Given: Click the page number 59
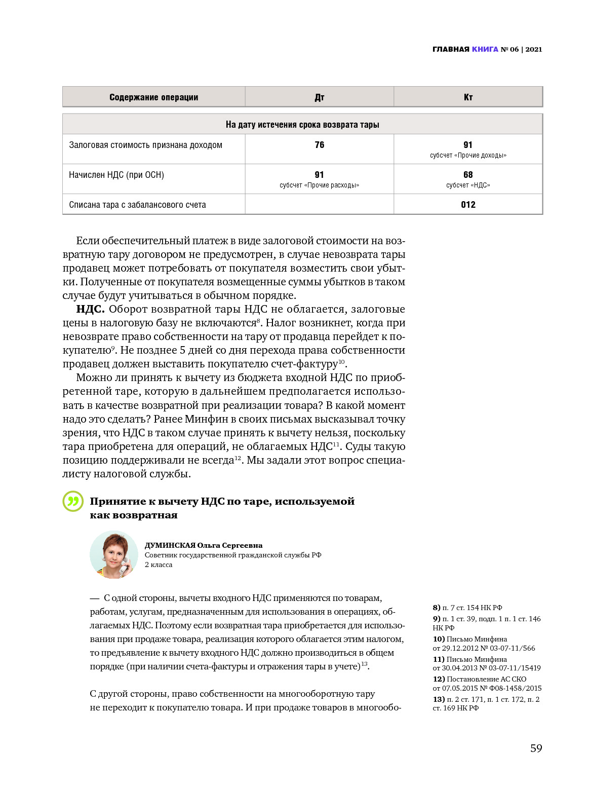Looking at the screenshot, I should [536, 748].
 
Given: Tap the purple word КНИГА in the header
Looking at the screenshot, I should [485, 49].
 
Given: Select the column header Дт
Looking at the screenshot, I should [319, 97].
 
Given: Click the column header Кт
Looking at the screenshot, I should [468, 97].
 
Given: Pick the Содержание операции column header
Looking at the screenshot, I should [153, 97].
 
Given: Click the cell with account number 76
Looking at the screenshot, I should [319, 145].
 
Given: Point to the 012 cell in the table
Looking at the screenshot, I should [468, 205].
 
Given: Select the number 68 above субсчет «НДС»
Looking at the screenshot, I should [468, 175].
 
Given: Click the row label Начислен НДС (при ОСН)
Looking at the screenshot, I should [116, 175].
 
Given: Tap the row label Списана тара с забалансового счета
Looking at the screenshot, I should [137, 205].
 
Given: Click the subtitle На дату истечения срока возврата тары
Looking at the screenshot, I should [302, 125].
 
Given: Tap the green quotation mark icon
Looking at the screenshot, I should [73, 501].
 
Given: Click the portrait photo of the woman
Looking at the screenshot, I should [114, 555].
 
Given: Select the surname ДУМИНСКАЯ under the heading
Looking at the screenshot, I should [170, 545].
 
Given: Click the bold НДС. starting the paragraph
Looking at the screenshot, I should [90, 309].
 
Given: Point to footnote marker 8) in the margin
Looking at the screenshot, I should [436, 608].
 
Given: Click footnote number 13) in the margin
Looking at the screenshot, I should [439, 699].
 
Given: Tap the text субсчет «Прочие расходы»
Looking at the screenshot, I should [319, 185].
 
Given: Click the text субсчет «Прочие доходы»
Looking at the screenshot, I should [468, 156].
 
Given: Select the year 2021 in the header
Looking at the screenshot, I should [534, 49].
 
